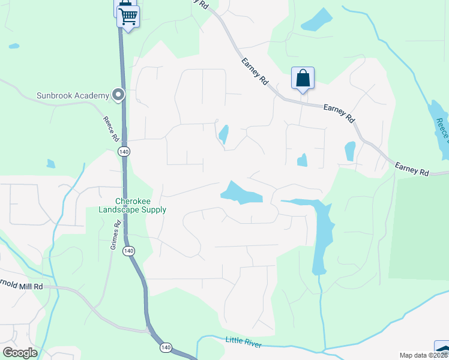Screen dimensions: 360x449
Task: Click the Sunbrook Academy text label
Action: (x=73, y=95)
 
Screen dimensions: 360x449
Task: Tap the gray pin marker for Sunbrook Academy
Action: (x=118, y=95)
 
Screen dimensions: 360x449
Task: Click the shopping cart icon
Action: (x=128, y=16)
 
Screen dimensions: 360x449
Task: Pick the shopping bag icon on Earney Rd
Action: (x=303, y=79)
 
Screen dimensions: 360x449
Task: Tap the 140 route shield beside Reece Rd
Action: (x=124, y=152)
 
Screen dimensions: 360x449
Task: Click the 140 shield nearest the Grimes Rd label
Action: (x=128, y=250)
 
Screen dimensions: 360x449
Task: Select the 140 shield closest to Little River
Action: (x=166, y=347)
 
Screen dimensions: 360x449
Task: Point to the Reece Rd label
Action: (x=110, y=128)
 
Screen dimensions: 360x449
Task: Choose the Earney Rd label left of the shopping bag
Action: (x=255, y=71)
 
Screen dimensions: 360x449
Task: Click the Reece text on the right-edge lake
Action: (x=442, y=128)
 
